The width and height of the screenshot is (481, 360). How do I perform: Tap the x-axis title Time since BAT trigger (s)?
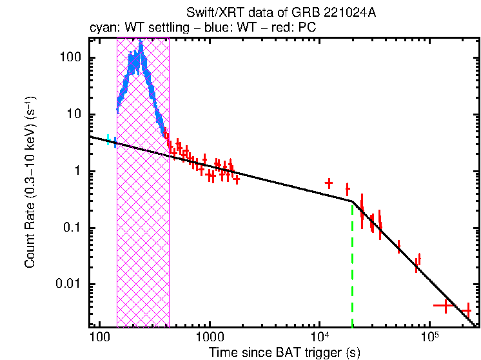pos(284,352)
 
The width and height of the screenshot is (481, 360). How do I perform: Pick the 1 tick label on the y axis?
pos(80,171)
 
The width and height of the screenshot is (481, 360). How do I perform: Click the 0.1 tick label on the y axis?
pos(74,228)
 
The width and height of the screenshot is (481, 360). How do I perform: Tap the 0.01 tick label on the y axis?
pos(70,285)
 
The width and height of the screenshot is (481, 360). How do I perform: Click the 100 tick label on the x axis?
pos(99,337)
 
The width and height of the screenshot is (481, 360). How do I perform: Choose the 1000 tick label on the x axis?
pos(209,337)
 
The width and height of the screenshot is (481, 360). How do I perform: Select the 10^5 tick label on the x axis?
pos(429,336)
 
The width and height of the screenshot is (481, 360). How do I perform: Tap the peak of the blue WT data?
pos(141,43)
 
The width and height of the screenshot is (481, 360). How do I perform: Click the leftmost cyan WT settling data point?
pos(108,139)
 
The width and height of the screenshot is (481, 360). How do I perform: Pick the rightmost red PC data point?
pos(466,311)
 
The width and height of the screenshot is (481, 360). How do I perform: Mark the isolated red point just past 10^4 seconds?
pos(329,183)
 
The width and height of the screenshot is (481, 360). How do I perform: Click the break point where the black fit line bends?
pos(352,201)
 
